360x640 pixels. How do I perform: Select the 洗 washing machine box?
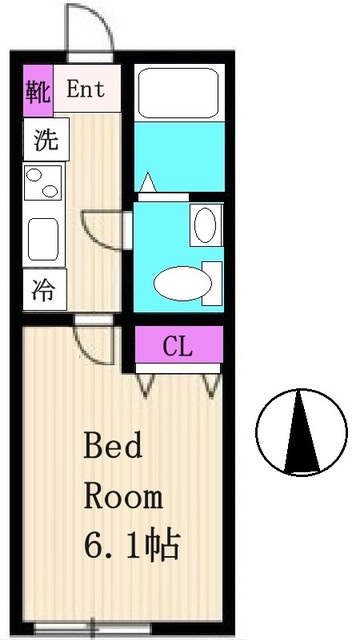[46, 141]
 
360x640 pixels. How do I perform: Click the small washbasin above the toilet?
[204, 225]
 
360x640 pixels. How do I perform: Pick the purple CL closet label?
[177, 347]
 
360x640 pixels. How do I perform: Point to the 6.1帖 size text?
[130, 546]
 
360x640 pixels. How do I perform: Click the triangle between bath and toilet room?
[149, 183]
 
